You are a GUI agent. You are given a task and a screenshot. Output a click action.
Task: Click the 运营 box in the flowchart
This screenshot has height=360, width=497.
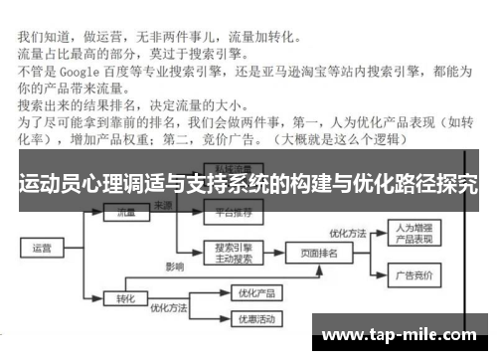click(43, 248)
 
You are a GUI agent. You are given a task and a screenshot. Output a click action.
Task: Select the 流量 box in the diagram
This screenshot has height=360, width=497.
click(126, 213)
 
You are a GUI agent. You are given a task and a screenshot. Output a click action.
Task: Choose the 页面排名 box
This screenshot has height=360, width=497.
click(319, 253)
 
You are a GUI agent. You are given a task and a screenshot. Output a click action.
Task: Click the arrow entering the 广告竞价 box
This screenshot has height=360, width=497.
click(375, 274)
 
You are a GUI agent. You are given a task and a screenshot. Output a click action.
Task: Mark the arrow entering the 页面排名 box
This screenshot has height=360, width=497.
click(278, 253)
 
